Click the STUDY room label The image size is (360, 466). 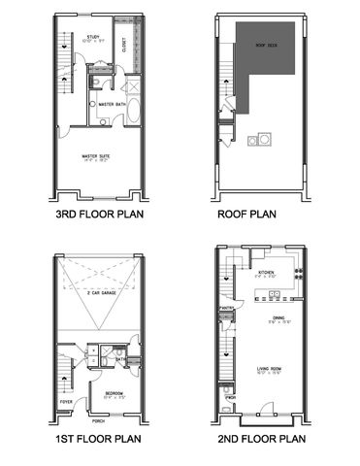(94, 37)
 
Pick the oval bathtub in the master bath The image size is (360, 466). (134, 108)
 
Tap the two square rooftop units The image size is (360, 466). (259, 141)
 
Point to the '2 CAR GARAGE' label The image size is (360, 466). (101, 290)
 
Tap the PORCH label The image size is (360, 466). (97, 421)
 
